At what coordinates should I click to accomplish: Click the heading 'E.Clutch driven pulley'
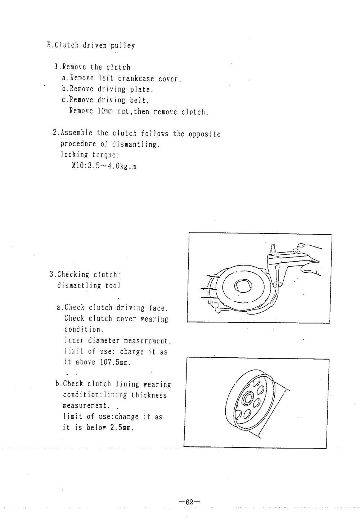pos(91,46)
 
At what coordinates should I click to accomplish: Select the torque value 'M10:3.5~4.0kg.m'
pos(104,166)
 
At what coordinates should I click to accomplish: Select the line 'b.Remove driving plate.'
pos(108,89)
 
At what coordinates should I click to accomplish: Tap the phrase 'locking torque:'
pos(90,155)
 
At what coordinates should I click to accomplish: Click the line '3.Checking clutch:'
pos(85,275)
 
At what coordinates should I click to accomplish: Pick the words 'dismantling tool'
pos(89,286)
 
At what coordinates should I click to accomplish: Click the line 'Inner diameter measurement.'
pos(117,340)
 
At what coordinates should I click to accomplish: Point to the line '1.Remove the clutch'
pos(92,67)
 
